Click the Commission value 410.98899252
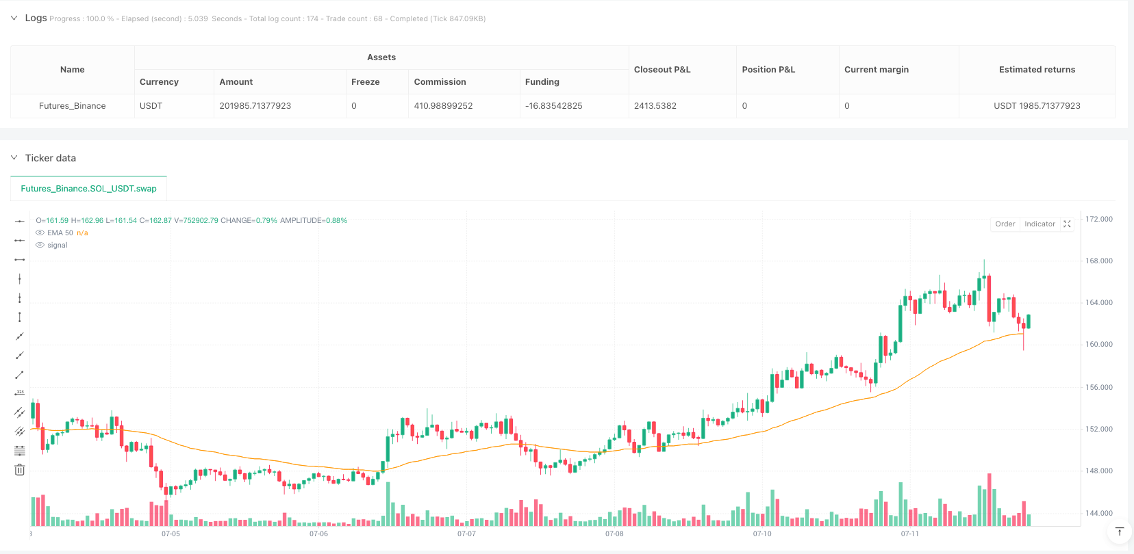443,106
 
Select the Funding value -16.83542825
553,106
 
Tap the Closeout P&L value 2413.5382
655,106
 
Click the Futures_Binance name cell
72,106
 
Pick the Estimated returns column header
1037,70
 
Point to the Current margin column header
876,70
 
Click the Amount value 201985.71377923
255,106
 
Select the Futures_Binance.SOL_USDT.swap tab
88,189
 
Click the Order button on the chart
1005,224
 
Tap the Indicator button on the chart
1039,224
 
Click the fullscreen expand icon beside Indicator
1067,224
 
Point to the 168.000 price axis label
1098,261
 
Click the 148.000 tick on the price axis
1098,471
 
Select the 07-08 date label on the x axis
614,534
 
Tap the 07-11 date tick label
909,534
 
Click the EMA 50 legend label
60,233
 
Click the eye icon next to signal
40,246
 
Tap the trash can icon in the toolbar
20,470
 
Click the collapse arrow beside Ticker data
14,158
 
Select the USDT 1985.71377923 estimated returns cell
1037,106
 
